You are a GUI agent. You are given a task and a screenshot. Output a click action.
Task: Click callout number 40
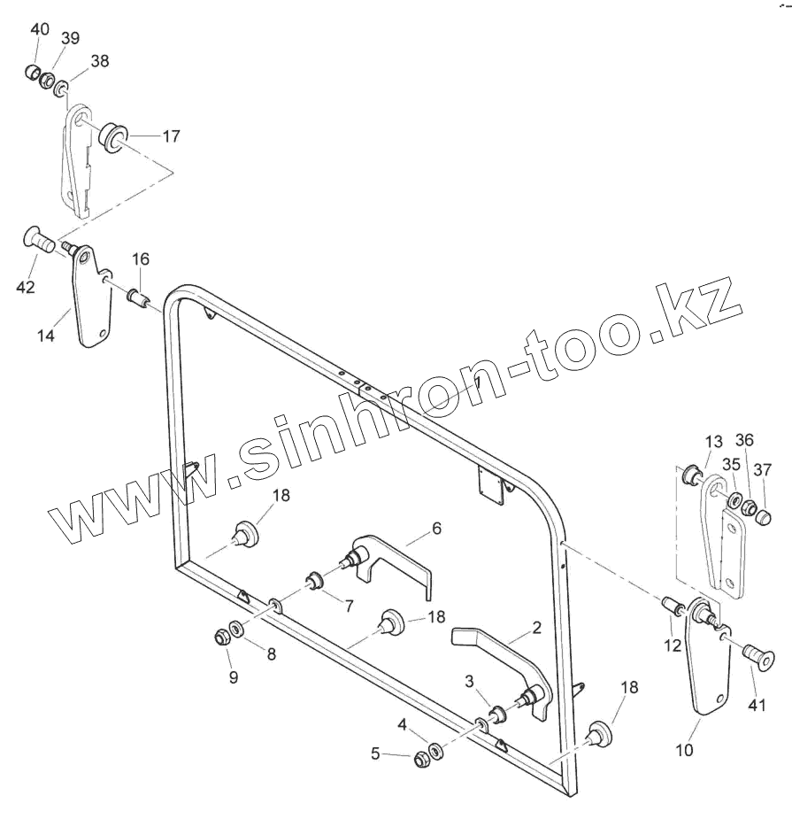(x=40, y=29)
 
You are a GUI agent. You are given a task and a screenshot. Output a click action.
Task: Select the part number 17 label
(x=171, y=136)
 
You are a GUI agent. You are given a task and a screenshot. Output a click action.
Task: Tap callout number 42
(x=26, y=287)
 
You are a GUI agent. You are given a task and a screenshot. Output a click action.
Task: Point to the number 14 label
(x=45, y=336)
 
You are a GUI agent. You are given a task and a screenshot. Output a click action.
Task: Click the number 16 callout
(x=142, y=259)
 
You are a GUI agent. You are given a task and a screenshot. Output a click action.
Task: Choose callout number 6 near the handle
(x=436, y=529)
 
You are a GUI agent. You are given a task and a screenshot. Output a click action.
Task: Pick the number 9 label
(x=234, y=678)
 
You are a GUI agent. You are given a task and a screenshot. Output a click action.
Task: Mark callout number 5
(x=375, y=753)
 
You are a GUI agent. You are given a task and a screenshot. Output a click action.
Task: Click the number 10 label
(x=685, y=750)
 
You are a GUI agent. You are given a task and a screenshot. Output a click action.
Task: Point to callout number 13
(x=713, y=442)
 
